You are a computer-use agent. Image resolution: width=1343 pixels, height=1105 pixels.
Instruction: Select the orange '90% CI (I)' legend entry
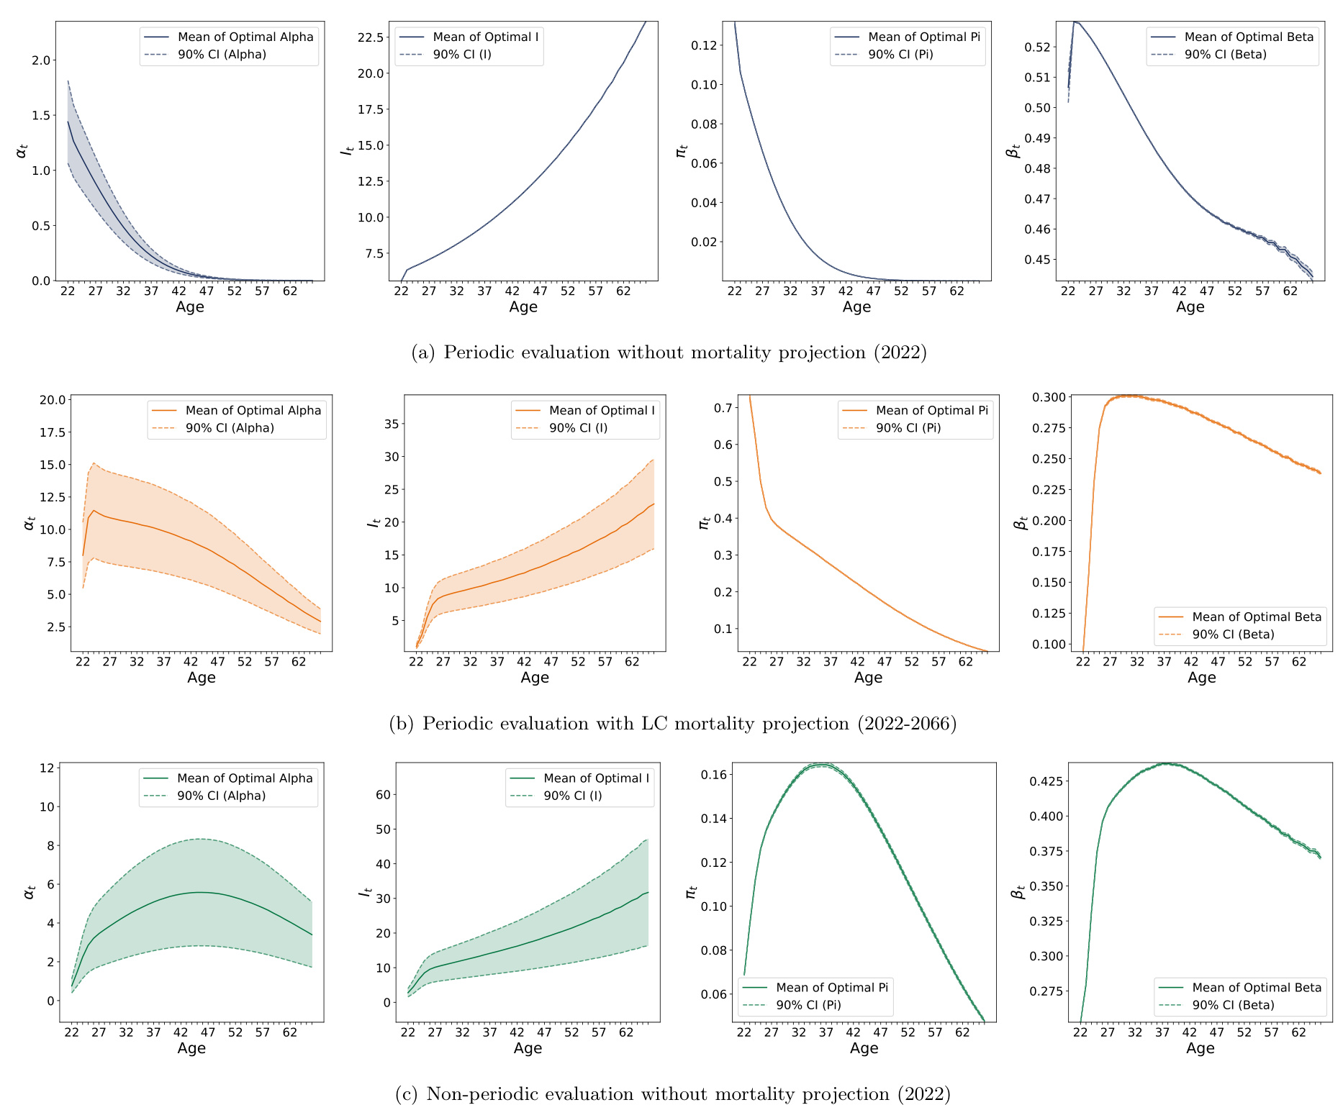pyautogui.click(x=578, y=428)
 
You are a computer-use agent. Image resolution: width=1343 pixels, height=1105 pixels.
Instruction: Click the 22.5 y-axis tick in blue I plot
pyautogui.click(x=371, y=37)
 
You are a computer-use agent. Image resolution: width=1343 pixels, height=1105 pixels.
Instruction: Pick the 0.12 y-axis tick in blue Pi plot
pyautogui.click(x=704, y=45)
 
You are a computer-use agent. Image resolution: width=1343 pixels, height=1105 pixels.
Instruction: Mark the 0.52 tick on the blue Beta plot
pyautogui.click(x=1037, y=47)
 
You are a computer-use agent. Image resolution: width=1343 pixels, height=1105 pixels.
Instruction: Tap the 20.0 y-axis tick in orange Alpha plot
pyautogui.click(x=52, y=400)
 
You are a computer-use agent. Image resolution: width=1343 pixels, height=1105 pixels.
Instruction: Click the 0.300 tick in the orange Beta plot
pyautogui.click(x=1048, y=397)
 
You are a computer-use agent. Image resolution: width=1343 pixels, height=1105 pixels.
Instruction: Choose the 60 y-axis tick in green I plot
pyautogui.click(x=383, y=795)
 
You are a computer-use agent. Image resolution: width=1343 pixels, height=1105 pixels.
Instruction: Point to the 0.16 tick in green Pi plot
pyautogui.click(x=713, y=775)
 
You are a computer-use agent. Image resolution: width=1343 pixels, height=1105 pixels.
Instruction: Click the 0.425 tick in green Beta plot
pyautogui.click(x=1048, y=781)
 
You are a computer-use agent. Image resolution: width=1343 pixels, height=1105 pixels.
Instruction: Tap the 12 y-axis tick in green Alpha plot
pyautogui.click(x=47, y=768)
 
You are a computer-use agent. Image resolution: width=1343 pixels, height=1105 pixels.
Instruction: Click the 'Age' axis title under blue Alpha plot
pyautogui.click(x=190, y=307)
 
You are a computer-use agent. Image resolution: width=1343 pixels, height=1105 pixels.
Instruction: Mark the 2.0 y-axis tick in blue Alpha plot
pyautogui.click(x=41, y=60)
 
